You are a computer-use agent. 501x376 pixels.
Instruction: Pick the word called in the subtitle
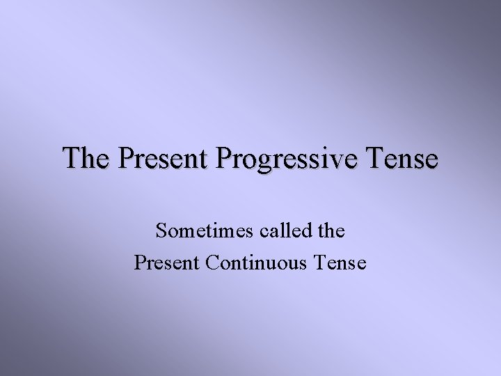[x=280, y=230]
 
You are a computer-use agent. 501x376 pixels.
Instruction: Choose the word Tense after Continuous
[x=340, y=263]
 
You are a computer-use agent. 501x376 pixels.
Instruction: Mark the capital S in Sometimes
[x=161, y=231]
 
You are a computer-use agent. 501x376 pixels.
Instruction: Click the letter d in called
[x=299, y=230]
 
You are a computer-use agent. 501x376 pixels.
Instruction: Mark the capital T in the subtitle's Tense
[x=319, y=263]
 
